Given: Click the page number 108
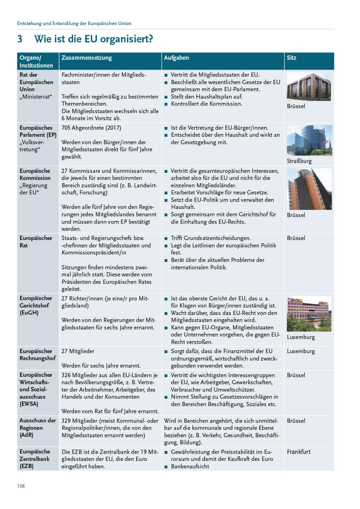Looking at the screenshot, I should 21,486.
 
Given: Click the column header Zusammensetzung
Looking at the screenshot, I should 87,58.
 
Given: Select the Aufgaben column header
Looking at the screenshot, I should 176,58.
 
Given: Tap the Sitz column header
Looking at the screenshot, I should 291,58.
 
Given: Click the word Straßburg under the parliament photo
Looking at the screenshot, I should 299,161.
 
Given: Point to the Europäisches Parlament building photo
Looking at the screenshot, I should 309,140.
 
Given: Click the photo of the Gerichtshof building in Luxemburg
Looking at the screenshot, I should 309,314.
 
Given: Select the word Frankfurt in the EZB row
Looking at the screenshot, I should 298,452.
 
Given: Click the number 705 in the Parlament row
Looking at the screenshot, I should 66,128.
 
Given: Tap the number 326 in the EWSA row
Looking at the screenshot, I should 66,375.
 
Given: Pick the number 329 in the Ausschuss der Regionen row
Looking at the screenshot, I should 66,421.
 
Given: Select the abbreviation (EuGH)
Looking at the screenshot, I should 29,312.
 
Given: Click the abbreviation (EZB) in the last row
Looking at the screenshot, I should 27,466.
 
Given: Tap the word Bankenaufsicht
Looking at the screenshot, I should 190,466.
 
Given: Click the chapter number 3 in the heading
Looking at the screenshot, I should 20,39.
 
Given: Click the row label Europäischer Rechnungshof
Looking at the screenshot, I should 37,355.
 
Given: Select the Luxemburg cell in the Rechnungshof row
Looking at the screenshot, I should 301,351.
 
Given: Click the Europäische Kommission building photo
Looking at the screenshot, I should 309,189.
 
